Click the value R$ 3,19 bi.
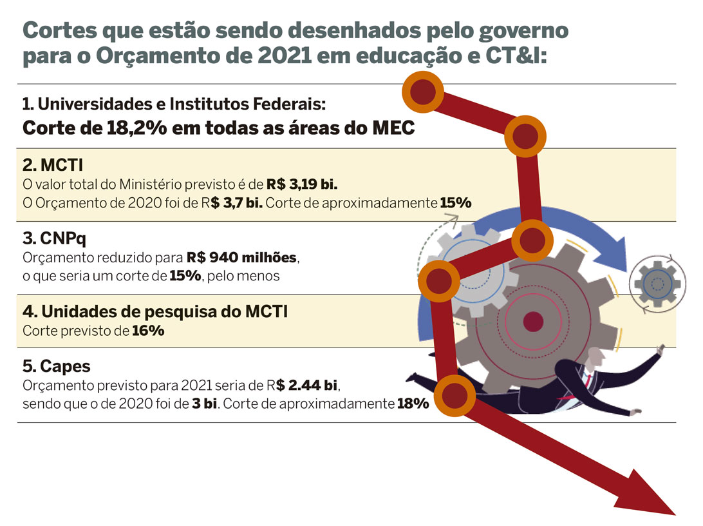tap(302, 184)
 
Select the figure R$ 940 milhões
tap(243, 257)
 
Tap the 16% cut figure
tap(149, 331)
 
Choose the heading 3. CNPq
tap(55, 239)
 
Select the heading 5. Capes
tap(57, 367)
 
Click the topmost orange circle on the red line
tap(422, 91)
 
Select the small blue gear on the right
tap(657, 282)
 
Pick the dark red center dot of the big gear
tap(532, 320)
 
